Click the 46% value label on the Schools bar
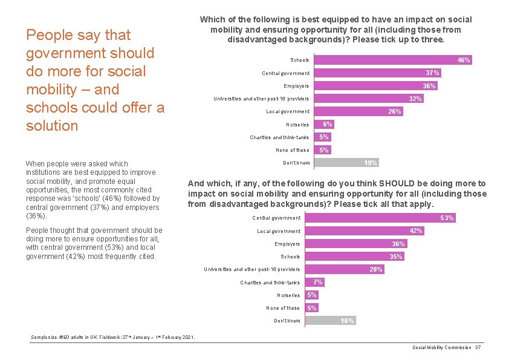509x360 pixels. [x=464, y=60]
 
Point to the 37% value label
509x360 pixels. [x=433, y=73]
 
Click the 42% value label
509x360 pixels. [x=416, y=231]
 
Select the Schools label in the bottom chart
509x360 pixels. [x=290, y=257]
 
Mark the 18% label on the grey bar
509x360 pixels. [x=347, y=321]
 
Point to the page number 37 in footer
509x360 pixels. [x=478, y=347]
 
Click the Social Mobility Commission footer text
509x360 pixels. [x=442, y=347]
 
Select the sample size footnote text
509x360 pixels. [x=112, y=337]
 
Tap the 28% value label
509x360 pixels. [x=376, y=269]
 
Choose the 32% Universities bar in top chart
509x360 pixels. [x=369, y=99]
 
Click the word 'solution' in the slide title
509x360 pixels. [x=52, y=126]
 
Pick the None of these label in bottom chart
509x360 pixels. [x=283, y=308]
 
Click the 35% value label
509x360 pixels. [x=395, y=257]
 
